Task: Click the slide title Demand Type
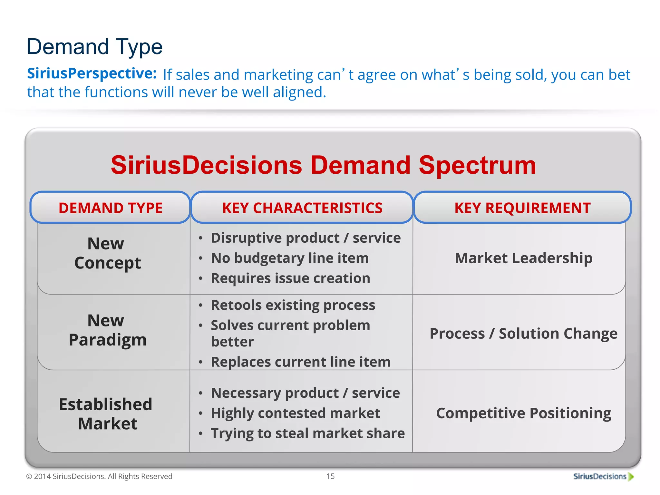point(94,47)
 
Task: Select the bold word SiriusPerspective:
point(92,74)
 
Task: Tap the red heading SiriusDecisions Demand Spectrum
point(323,165)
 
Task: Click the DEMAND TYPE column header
point(110,208)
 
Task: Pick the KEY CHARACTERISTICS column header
point(302,208)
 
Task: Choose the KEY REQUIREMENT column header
point(522,208)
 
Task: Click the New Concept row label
point(107,253)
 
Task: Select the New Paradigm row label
point(107,330)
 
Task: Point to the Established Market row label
point(106,413)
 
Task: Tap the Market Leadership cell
point(523,258)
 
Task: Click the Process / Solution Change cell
point(523,334)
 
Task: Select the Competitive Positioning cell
point(523,413)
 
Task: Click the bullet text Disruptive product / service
point(306,238)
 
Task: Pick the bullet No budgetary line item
point(289,258)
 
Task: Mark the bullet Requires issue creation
point(290,278)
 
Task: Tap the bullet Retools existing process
point(293,305)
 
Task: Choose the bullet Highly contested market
point(295,413)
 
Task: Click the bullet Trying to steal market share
point(307,433)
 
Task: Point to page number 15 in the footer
point(330,476)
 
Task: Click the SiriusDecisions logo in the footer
point(603,477)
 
